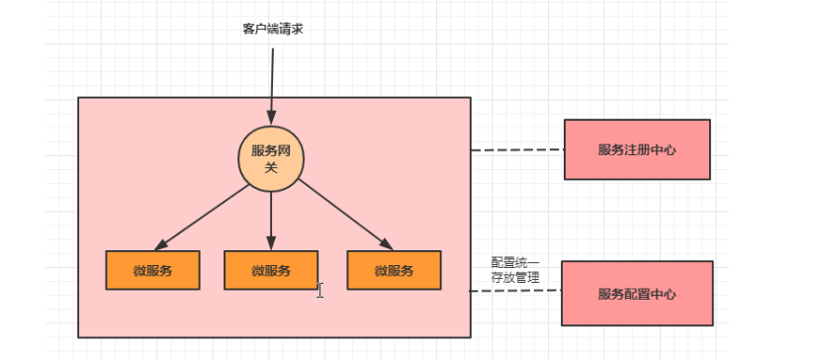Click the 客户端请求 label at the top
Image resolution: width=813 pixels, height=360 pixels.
[272, 29]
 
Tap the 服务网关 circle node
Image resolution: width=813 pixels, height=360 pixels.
[271, 159]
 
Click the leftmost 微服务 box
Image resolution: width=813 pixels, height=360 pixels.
[152, 270]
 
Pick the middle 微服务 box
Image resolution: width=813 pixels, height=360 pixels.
[271, 270]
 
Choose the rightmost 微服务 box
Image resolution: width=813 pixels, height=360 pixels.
[394, 270]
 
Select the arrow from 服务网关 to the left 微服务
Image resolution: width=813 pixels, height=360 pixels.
[204, 216]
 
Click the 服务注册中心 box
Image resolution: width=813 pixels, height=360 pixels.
[637, 149]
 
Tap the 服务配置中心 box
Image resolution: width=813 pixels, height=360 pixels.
[636, 294]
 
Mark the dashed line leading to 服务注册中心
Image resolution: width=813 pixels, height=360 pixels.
[516, 150]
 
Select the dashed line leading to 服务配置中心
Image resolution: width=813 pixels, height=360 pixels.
[514, 292]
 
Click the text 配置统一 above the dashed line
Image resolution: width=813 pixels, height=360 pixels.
[515, 263]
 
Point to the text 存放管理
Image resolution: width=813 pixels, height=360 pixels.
[515, 278]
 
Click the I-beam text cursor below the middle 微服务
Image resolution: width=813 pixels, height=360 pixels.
[319, 290]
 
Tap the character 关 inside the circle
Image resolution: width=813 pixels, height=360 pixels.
[271, 167]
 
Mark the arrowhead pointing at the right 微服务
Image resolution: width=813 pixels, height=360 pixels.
[385, 244]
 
